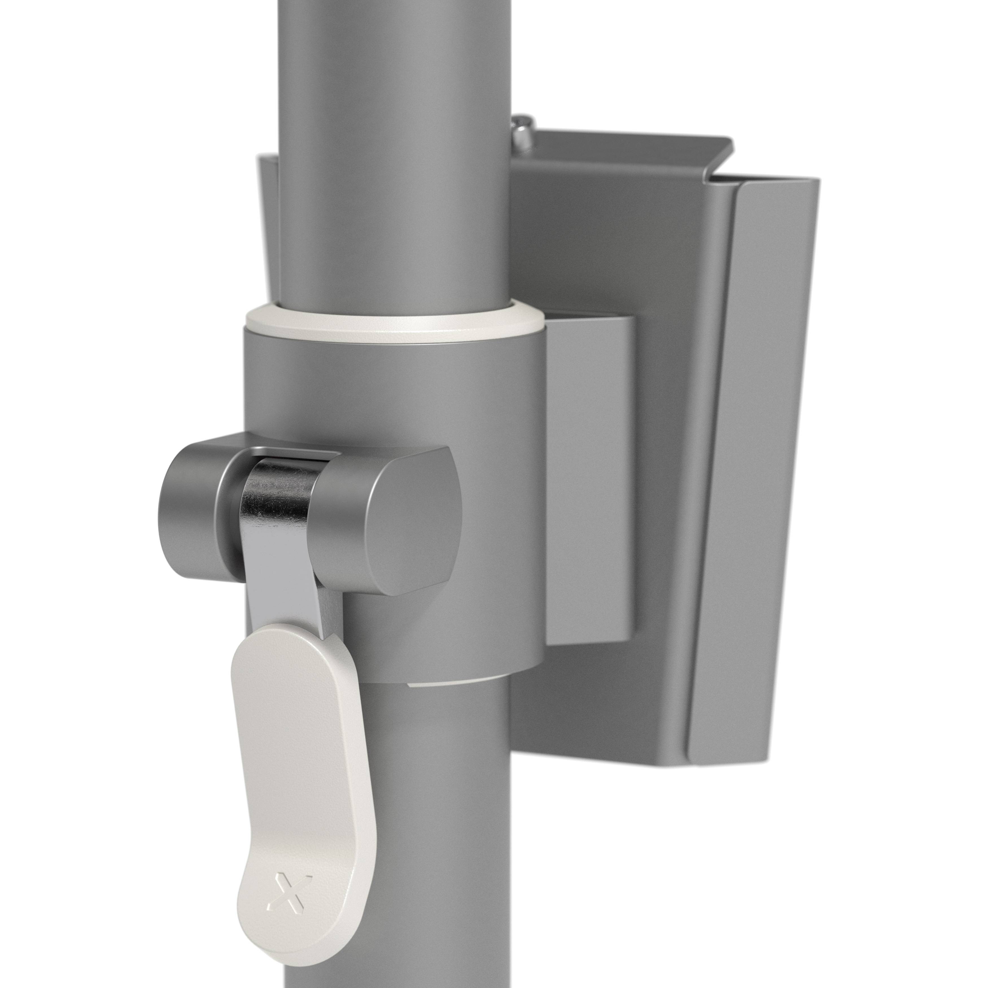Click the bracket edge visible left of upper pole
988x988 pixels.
click(268, 215)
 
